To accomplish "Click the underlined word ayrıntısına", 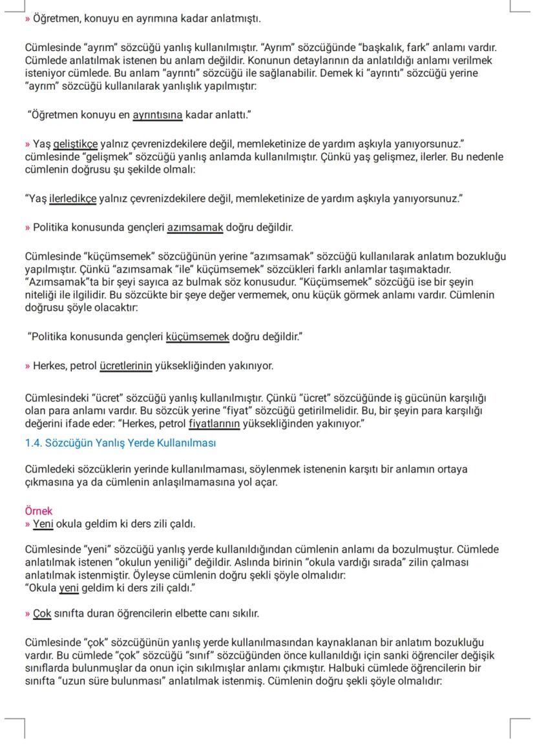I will click(158, 116).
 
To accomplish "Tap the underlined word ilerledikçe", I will click(73, 199).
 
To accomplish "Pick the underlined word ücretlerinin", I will click(126, 366).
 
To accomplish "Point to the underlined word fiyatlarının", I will click(214, 424).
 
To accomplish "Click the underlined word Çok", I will click(42, 613).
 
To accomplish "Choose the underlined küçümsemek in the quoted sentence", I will click(198, 337).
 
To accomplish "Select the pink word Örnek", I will click(38, 511).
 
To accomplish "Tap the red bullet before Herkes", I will click(27, 366).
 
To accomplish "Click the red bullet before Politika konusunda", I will click(27, 227).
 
